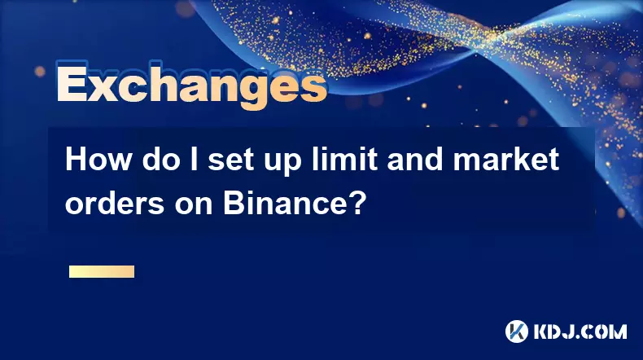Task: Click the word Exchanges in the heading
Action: click(191, 86)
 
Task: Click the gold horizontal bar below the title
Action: click(102, 271)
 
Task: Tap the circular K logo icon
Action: click(517, 331)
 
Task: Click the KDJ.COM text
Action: click(580, 331)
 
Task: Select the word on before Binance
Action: click(194, 206)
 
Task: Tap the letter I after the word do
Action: click(191, 160)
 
